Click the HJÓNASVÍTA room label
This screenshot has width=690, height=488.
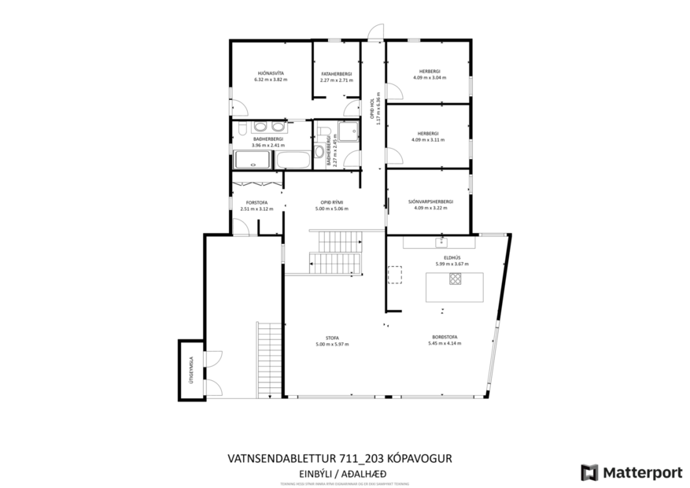tap(270, 72)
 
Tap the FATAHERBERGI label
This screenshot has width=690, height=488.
tap(335, 73)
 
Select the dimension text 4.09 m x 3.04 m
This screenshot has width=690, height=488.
tap(429, 78)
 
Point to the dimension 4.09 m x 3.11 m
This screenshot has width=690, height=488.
tap(428, 139)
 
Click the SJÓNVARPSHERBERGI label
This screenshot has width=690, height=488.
tap(430, 201)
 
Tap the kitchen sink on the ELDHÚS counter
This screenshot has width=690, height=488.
tap(441, 242)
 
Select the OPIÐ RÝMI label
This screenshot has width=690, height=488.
tap(330, 202)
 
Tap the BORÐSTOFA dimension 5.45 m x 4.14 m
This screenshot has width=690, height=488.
tap(443, 343)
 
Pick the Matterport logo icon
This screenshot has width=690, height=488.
tap(589, 472)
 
